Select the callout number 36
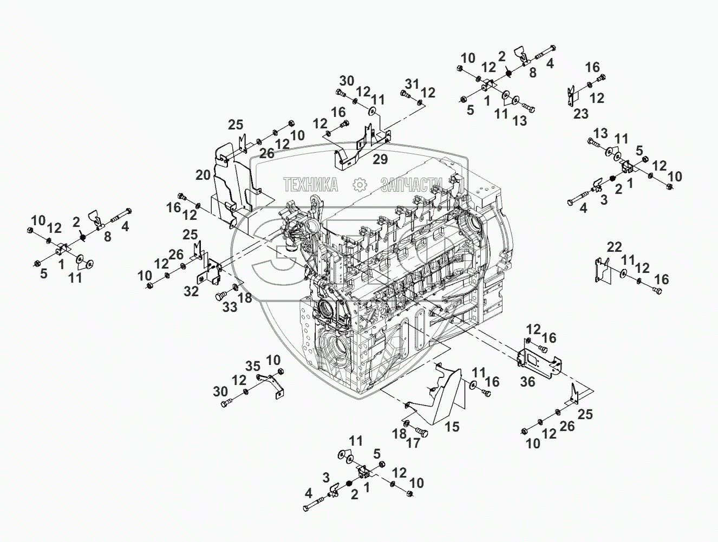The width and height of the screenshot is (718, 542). [527, 382]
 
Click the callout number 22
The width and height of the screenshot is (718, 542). [614, 247]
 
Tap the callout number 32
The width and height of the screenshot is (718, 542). [191, 291]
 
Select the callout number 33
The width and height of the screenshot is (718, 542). [230, 307]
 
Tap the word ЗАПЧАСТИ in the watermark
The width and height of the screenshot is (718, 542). [412, 185]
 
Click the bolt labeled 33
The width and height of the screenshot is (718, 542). [221, 296]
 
